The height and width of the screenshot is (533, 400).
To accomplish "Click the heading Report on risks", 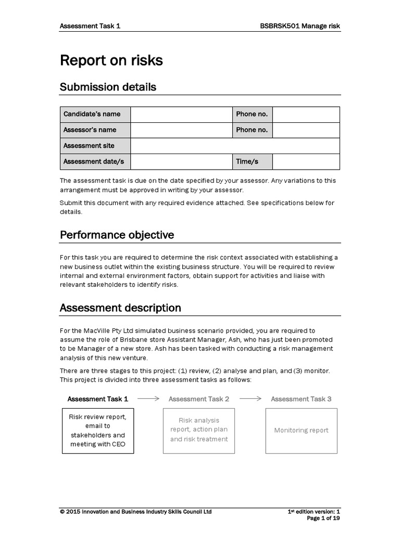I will click(x=111, y=61).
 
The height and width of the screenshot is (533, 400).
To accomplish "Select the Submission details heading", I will click(x=108, y=87).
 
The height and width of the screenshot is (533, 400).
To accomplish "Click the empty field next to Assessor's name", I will click(x=181, y=130).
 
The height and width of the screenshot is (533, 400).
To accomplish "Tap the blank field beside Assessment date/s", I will click(x=181, y=162).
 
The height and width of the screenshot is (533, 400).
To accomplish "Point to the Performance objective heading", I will click(x=117, y=235).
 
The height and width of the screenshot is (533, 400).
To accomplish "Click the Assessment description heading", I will click(x=120, y=308).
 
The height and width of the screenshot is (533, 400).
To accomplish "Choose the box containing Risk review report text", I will click(x=98, y=430).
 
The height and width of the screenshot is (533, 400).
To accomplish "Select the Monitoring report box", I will click(x=301, y=430).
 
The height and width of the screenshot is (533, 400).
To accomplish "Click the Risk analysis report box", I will click(x=199, y=430).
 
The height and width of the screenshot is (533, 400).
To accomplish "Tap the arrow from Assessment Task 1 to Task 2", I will click(x=148, y=399).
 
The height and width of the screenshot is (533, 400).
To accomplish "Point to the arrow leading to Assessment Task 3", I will click(x=250, y=399).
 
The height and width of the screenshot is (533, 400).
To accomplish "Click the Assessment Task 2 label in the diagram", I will click(x=199, y=399).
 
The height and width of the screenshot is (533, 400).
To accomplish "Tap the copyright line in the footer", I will click(x=135, y=512).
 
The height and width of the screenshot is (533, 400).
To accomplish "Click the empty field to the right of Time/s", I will click(x=306, y=162).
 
